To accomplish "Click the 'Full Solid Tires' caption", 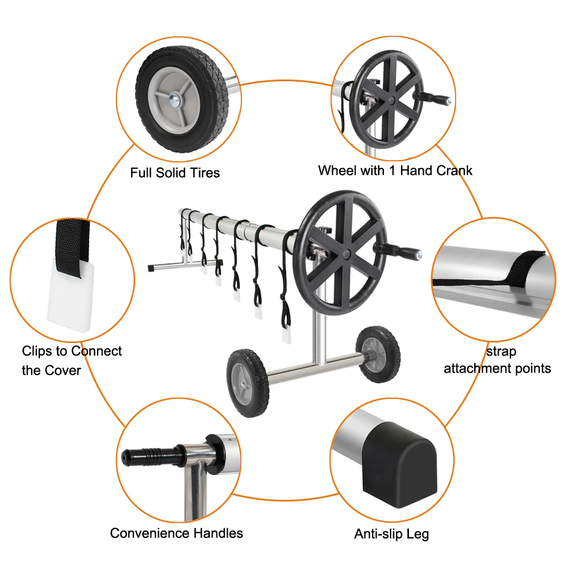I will click(175, 173).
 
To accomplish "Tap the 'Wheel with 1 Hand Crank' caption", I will click(395, 170).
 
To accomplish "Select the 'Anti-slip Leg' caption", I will click(391, 534).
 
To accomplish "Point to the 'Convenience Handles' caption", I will click(177, 533).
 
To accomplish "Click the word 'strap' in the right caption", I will click(502, 352).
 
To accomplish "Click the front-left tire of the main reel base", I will click(248, 383).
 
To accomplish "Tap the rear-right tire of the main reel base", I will click(377, 353).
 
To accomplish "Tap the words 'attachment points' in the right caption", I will click(497, 369).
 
